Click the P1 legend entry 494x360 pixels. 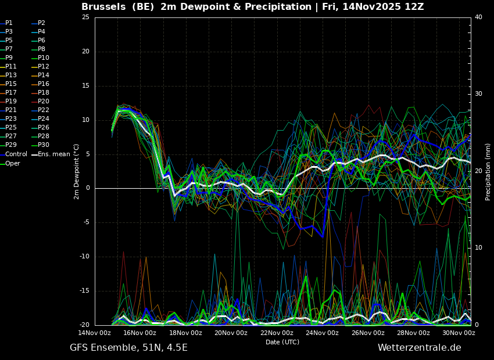tap(6, 23)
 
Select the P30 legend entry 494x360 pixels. tap(40, 145)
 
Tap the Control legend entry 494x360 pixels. tap(13, 154)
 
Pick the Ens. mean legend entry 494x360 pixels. tap(51, 154)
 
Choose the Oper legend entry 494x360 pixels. tap(10, 163)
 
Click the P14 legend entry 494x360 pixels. tap(40, 75)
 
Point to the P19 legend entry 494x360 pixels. tap(8, 102)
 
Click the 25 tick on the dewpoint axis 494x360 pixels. tap(85, 17)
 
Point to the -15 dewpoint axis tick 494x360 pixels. tap(84, 291)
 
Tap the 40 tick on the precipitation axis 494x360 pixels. tap(478, 17)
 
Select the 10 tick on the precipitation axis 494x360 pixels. tap(478, 248)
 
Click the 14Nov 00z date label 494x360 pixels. tap(95, 333)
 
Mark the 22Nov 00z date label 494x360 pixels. tap(277, 333)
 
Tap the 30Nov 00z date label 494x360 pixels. tap(459, 333)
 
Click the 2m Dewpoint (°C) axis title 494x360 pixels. tap(77, 172)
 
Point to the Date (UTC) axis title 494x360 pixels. tap(282, 342)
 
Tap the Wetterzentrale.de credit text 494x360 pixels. tap(420, 348)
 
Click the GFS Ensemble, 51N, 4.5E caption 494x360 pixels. tap(128, 348)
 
